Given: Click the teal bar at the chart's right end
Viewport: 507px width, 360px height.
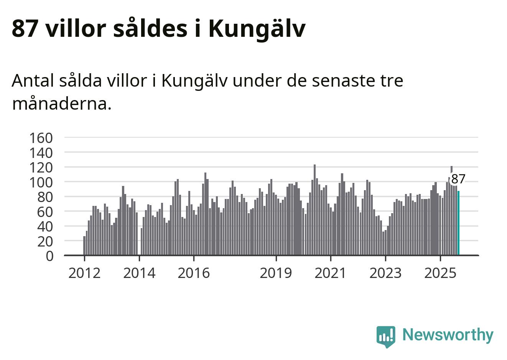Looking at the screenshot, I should [x=458, y=223].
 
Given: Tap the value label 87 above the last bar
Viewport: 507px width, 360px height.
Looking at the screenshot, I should [x=458, y=179].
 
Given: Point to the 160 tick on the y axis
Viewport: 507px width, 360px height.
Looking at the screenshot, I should [x=41, y=138].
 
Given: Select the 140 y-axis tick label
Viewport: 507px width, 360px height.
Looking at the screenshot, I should [x=41, y=153].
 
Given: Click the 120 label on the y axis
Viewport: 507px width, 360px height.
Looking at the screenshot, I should [x=41, y=168].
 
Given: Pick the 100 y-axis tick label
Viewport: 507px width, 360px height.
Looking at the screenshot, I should [x=41, y=182].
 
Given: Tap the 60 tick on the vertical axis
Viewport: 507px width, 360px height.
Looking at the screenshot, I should [x=44, y=212].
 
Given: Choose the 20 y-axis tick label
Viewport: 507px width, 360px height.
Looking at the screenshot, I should [x=44, y=241].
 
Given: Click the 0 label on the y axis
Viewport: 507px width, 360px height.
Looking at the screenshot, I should [x=49, y=256].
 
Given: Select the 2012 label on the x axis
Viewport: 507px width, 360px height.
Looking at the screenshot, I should [x=84, y=273].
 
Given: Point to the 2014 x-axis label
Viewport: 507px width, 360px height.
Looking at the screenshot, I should [x=139, y=273].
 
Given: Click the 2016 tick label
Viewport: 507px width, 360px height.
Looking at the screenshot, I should [x=194, y=273].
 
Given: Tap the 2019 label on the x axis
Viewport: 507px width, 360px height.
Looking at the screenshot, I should [x=276, y=273].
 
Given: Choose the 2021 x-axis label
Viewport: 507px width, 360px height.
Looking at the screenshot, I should [x=330, y=273].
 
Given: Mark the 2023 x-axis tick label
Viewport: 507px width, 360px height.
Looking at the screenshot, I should [x=385, y=273].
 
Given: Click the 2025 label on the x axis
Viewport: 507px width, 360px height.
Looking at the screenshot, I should [x=440, y=273].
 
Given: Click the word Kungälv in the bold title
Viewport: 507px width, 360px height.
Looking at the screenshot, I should [x=257, y=28].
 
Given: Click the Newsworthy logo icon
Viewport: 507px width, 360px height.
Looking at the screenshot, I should [x=386, y=336].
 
